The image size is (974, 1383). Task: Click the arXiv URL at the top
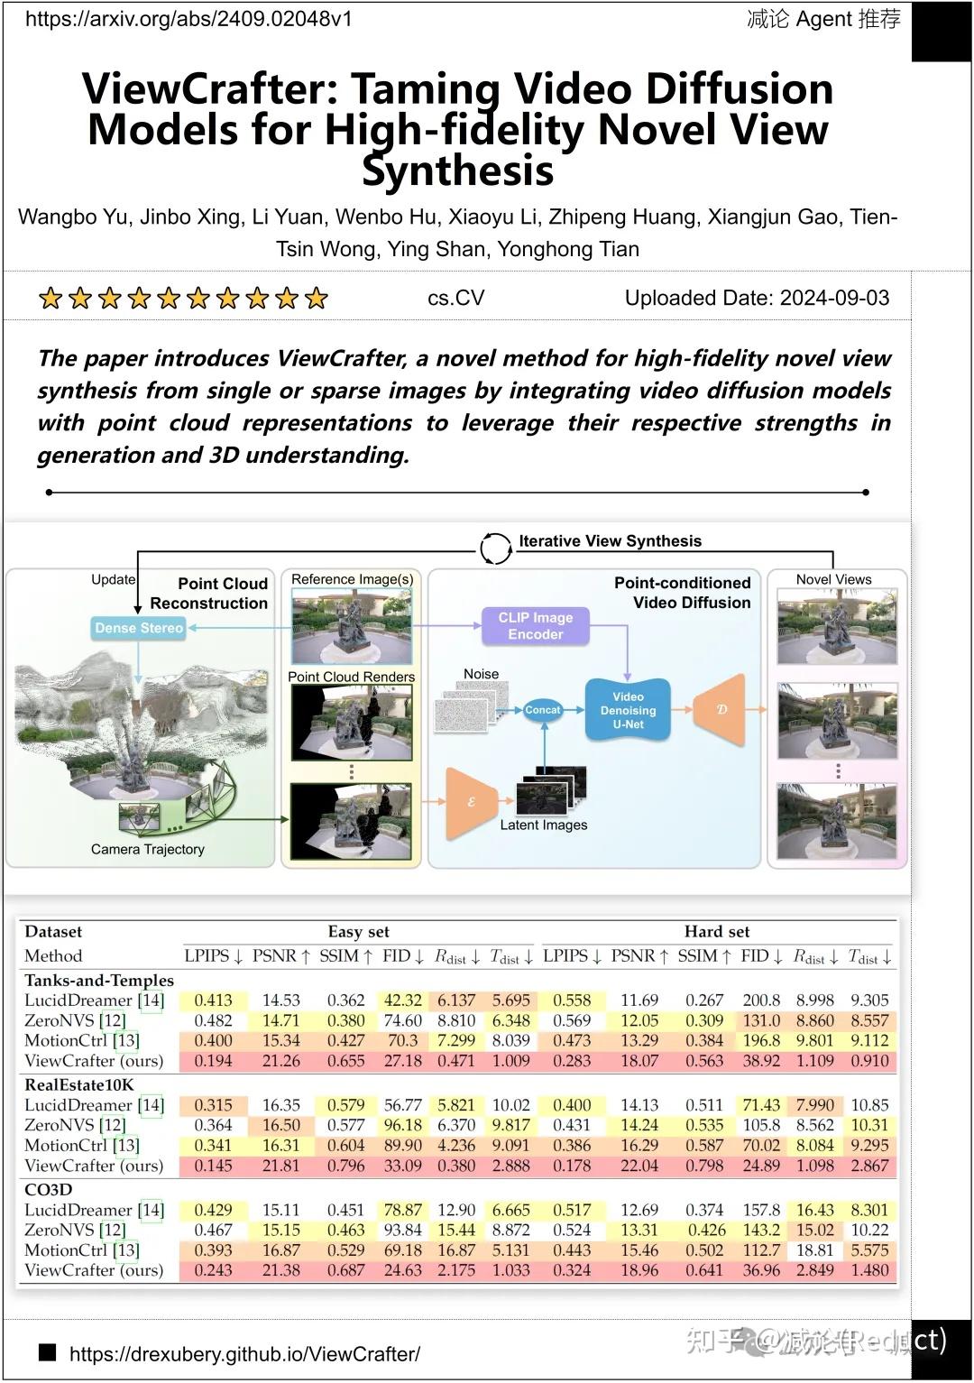(x=188, y=19)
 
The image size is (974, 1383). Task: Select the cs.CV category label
(x=455, y=299)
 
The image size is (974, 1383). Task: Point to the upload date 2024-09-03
(x=833, y=299)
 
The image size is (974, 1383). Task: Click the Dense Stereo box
(x=139, y=628)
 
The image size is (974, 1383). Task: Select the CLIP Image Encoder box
(x=535, y=625)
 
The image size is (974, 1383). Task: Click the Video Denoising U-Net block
(x=628, y=710)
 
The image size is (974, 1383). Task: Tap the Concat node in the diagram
(x=542, y=710)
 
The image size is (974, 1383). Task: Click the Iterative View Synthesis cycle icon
(x=495, y=547)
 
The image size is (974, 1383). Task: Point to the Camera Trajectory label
(x=147, y=849)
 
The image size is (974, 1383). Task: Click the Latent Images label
(x=543, y=825)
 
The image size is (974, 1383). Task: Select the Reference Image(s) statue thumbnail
(x=351, y=626)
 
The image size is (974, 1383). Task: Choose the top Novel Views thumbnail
(x=837, y=626)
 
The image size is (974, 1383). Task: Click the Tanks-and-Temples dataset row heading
(x=99, y=980)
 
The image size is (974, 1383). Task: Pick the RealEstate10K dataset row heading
(x=79, y=1084)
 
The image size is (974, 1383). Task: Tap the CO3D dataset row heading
(x=49, y=1189)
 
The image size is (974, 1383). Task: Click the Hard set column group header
(x=717, y=932)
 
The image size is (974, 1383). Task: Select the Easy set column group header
(x=358, y=932)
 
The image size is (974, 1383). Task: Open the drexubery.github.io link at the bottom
(x=244, y=1353)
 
